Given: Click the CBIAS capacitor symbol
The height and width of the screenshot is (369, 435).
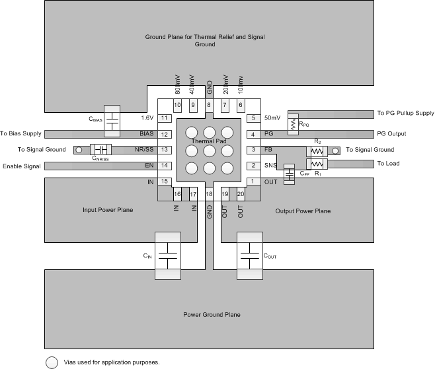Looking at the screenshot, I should tap(112, 120).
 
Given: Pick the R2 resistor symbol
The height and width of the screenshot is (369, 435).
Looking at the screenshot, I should tap(317, 151).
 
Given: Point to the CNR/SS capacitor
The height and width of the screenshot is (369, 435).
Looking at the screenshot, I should tap(102, 150).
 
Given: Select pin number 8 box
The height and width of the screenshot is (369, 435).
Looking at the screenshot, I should tap(209, 105).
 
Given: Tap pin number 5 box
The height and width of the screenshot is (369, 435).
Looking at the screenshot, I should tap(252, 118).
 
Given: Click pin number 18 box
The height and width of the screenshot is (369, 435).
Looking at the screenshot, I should tap(209, 194).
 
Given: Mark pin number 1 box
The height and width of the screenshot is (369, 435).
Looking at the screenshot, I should tap(252, 182).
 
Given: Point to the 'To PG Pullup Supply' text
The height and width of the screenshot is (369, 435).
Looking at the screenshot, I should tap(401, 114).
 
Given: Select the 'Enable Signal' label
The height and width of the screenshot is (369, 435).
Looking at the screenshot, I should tap(22, 166).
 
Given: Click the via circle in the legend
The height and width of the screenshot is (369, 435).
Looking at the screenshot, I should tap(50, 362).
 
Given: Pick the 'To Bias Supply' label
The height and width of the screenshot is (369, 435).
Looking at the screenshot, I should tap(22, 134).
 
